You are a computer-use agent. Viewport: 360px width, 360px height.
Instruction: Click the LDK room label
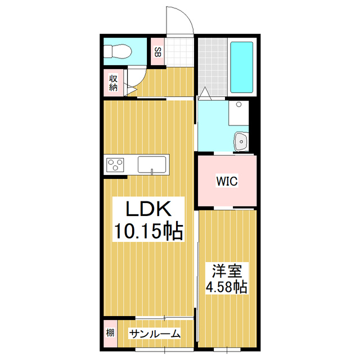(x=147, y=210)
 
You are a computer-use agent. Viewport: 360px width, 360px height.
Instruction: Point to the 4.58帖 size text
(x=227, y=287)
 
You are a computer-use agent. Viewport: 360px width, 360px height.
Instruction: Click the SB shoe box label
(x=157, y=52)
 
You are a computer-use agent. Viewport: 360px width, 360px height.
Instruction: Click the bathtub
(x=242, y=67)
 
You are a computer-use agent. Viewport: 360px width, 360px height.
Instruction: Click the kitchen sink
(x=152, y=165)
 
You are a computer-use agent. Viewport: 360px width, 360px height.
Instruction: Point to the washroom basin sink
(x=242, y=141)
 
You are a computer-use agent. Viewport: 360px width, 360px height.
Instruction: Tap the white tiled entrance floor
(x=179, y=51)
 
